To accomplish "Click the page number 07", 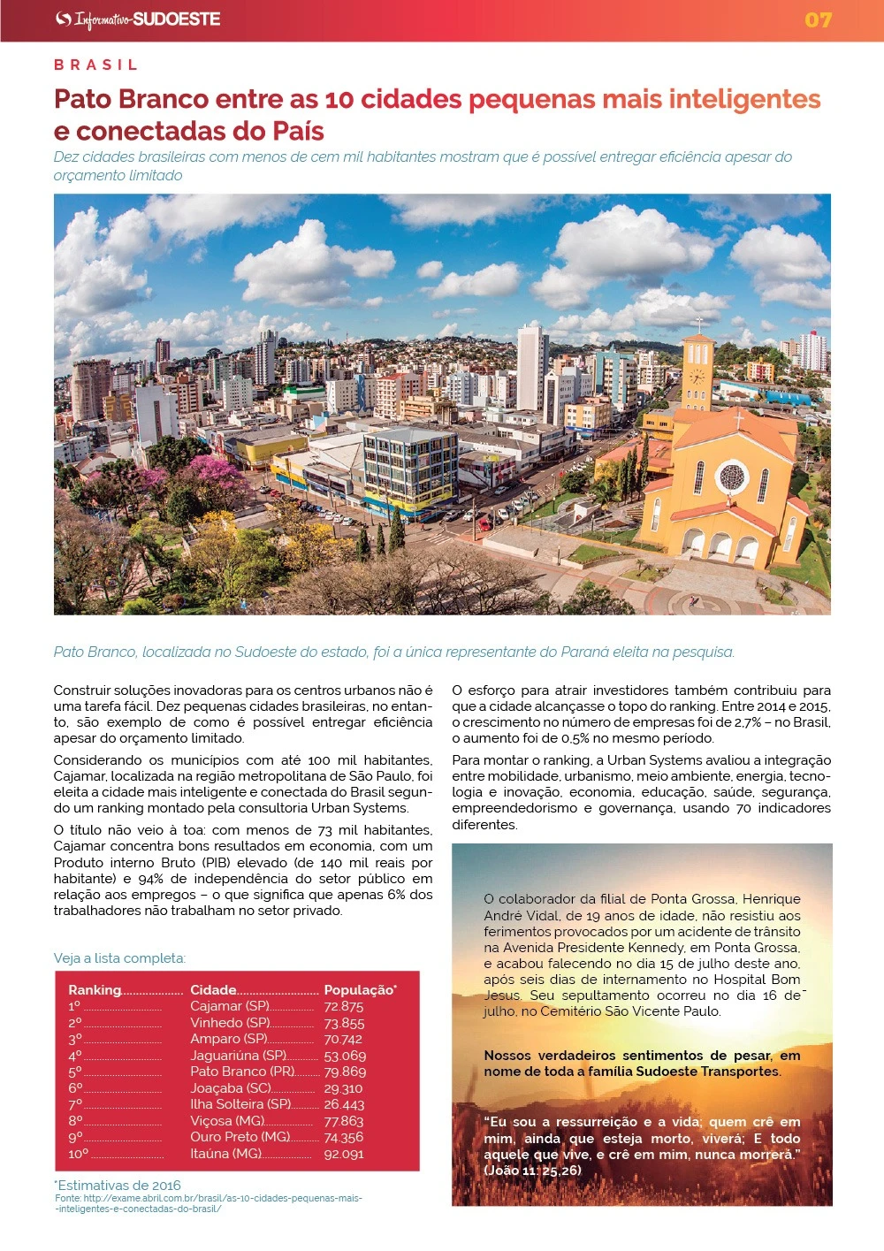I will (818, 19).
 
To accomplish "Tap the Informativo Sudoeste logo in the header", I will (138, 19).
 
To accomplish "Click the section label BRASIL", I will (96, 65).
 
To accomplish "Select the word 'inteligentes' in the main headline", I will (745, 99).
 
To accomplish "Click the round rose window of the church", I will (732, 477).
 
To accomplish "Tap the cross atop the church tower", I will (698, 324).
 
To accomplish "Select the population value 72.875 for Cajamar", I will (344, 1006).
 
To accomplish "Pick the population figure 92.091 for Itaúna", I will (344, 1154).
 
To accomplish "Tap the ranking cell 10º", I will (79, 1154).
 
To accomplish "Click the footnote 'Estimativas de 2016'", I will (118, 1185).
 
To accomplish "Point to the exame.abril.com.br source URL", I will (209, 1203).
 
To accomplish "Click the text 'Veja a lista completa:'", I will (119, 958).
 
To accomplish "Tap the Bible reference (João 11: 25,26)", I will (533, 1171).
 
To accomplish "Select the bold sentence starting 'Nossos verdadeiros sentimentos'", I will (642, 1064).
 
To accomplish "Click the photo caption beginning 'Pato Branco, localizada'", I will (393, 652).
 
